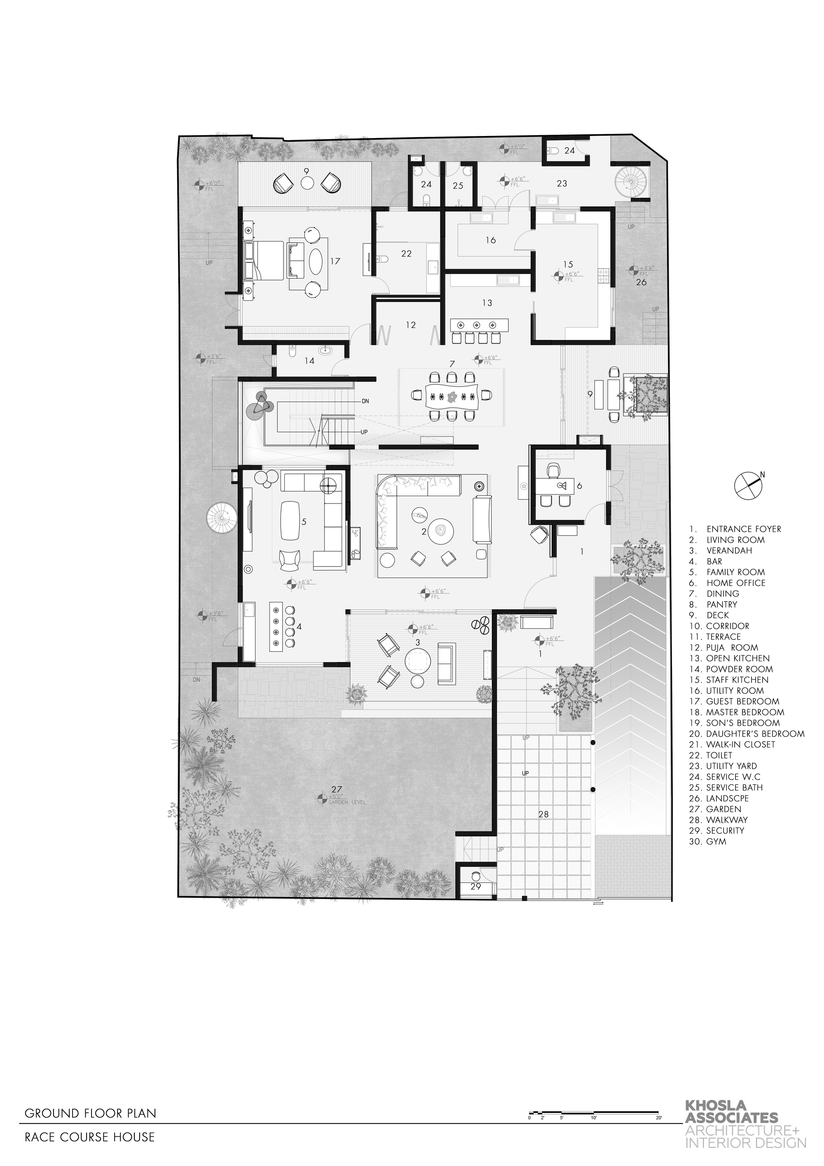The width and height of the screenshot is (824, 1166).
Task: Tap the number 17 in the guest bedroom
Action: (335, 262)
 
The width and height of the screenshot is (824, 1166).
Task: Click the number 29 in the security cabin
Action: (475, 887)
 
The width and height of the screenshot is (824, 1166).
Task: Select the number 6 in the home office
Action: (579, 485)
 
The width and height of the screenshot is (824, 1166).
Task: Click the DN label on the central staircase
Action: (365, 401)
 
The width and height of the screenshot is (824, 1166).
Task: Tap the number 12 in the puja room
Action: (411, 325)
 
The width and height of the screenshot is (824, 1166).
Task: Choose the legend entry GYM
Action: (716, 841)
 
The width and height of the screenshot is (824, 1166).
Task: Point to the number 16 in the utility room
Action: (490, 240)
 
